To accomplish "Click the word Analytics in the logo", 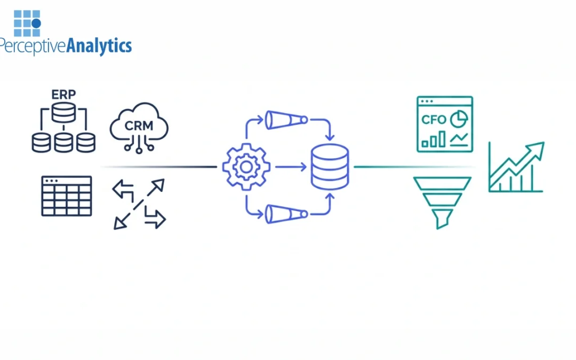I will pyautogui.click(x=99, y=46).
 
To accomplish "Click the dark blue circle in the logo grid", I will pyautogui.click(x=36, y=23).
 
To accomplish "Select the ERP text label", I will pyautogui.click(x=63, y=94).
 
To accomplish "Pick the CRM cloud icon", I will pyautogui.click(x=139, y=128).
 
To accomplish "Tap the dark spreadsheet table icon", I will pyautogui.click(x=67, y=196).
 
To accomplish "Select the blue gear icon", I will pyautogui.click(x=246, y=167).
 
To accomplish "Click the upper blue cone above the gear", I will pyautogui.click(x=286, y=119).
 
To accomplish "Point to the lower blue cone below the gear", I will pyautogui.click(x=286, y=214).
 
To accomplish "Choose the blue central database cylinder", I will pyautogui.click(x=330, y=167).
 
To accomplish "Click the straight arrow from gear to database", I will pyautogui.click(x=291, y=167).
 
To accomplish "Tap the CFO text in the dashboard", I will pyautogui.click(x=433, y=119).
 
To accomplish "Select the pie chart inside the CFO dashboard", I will pyautogui.click(x=459, y=119).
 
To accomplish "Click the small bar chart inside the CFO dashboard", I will pyautogui.click(x=433, y=140).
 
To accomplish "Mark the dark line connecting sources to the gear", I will pyautogui.click(x=160, y=167).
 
